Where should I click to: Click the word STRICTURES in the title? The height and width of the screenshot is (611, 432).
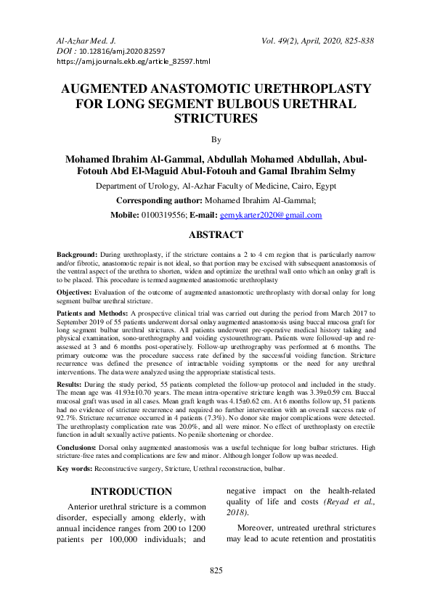tap(215, 117)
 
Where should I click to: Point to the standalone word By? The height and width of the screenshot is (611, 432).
tap(215, 139)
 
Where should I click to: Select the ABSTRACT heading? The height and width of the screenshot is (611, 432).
tap(215, 236)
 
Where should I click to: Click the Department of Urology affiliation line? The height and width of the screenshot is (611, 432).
tap(215, 186)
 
